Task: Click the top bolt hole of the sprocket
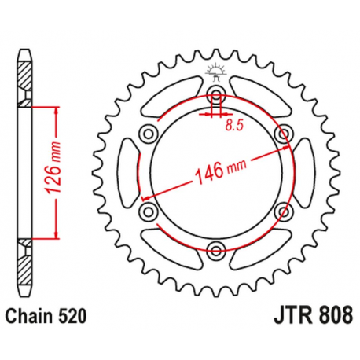[x=216, y=96]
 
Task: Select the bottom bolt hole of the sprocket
[x=216, y=252]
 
